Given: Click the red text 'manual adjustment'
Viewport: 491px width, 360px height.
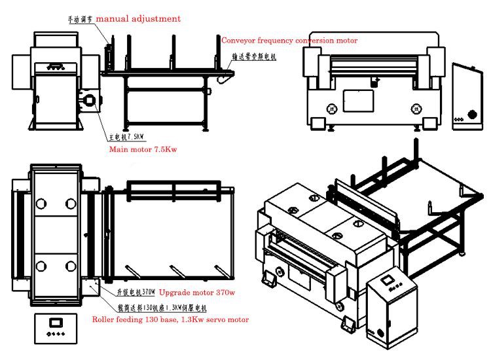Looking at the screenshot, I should pyautogui.click(x=138, y=19).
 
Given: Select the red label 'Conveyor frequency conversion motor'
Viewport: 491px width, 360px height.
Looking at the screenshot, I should pyautogui.click(x=289, y=41).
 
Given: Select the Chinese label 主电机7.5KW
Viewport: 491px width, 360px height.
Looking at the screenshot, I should pyautogui.click(x=125, y=139).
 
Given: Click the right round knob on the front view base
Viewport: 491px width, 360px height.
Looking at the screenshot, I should pyautogui.click(x=414, y=109).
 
